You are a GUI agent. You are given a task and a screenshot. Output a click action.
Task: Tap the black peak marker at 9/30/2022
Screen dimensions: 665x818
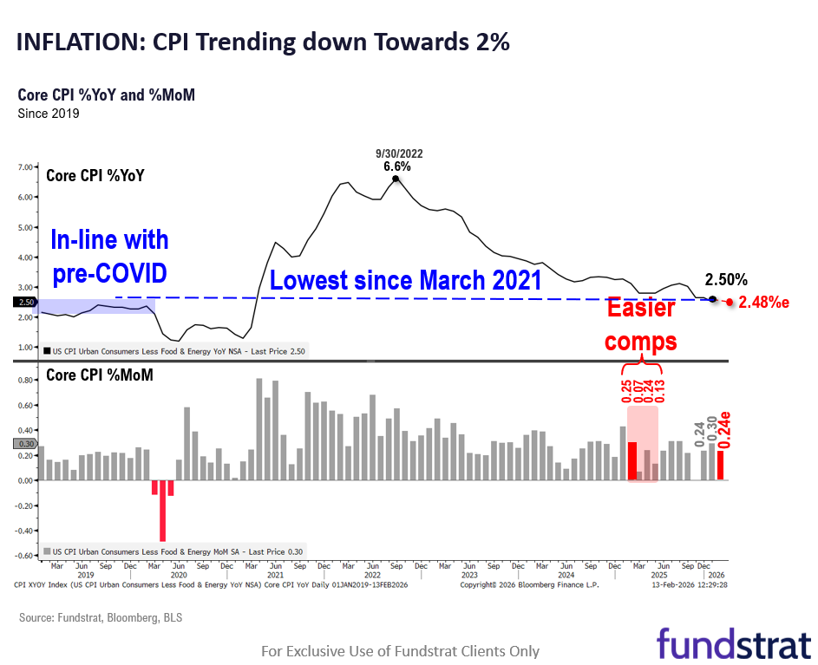(396, 179)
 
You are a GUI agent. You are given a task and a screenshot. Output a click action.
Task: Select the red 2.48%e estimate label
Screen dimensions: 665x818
(764, 303)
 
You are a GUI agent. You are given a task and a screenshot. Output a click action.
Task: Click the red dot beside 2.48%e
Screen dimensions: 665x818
(730, 303)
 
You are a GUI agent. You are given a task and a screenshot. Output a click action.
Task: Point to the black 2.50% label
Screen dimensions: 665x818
(725, 280)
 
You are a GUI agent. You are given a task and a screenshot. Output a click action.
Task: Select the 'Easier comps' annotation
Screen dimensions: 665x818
(641, 325)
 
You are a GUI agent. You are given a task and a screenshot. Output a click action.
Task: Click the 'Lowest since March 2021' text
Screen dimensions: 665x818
(405, 281)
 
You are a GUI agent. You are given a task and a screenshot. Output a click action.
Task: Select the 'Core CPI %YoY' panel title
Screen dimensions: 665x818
(95, 175)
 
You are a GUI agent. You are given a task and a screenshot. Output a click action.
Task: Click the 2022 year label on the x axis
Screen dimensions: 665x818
(372, 575)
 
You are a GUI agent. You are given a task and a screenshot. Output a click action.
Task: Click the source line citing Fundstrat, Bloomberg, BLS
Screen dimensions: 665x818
(101, 618)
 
